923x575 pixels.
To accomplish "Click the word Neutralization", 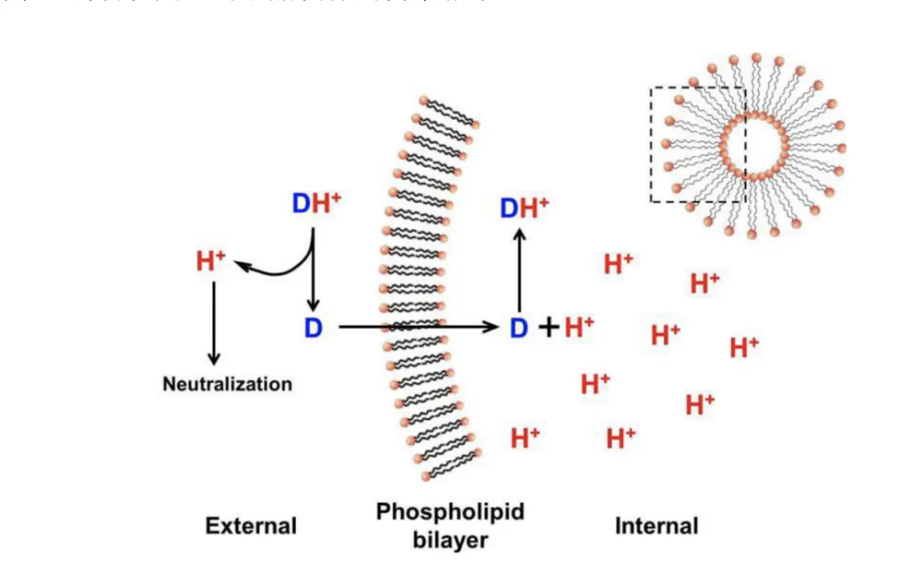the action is click(227, 384).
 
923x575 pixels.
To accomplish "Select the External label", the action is click(250, 525).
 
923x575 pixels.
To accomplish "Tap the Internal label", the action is click(656, 525).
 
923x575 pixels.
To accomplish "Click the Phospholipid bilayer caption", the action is click(450, 525).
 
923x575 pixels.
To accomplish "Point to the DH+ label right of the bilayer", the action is click(524, 208).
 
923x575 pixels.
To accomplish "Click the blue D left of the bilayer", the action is click(313, 327).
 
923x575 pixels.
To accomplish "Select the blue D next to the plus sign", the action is click(519, 327).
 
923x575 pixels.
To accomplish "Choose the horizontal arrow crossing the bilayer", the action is click(419, 327).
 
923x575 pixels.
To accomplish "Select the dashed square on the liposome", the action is click(698, 144).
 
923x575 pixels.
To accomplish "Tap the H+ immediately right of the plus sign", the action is click(579, 326).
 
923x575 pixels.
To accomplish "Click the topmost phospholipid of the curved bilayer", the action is click(444, 118).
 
